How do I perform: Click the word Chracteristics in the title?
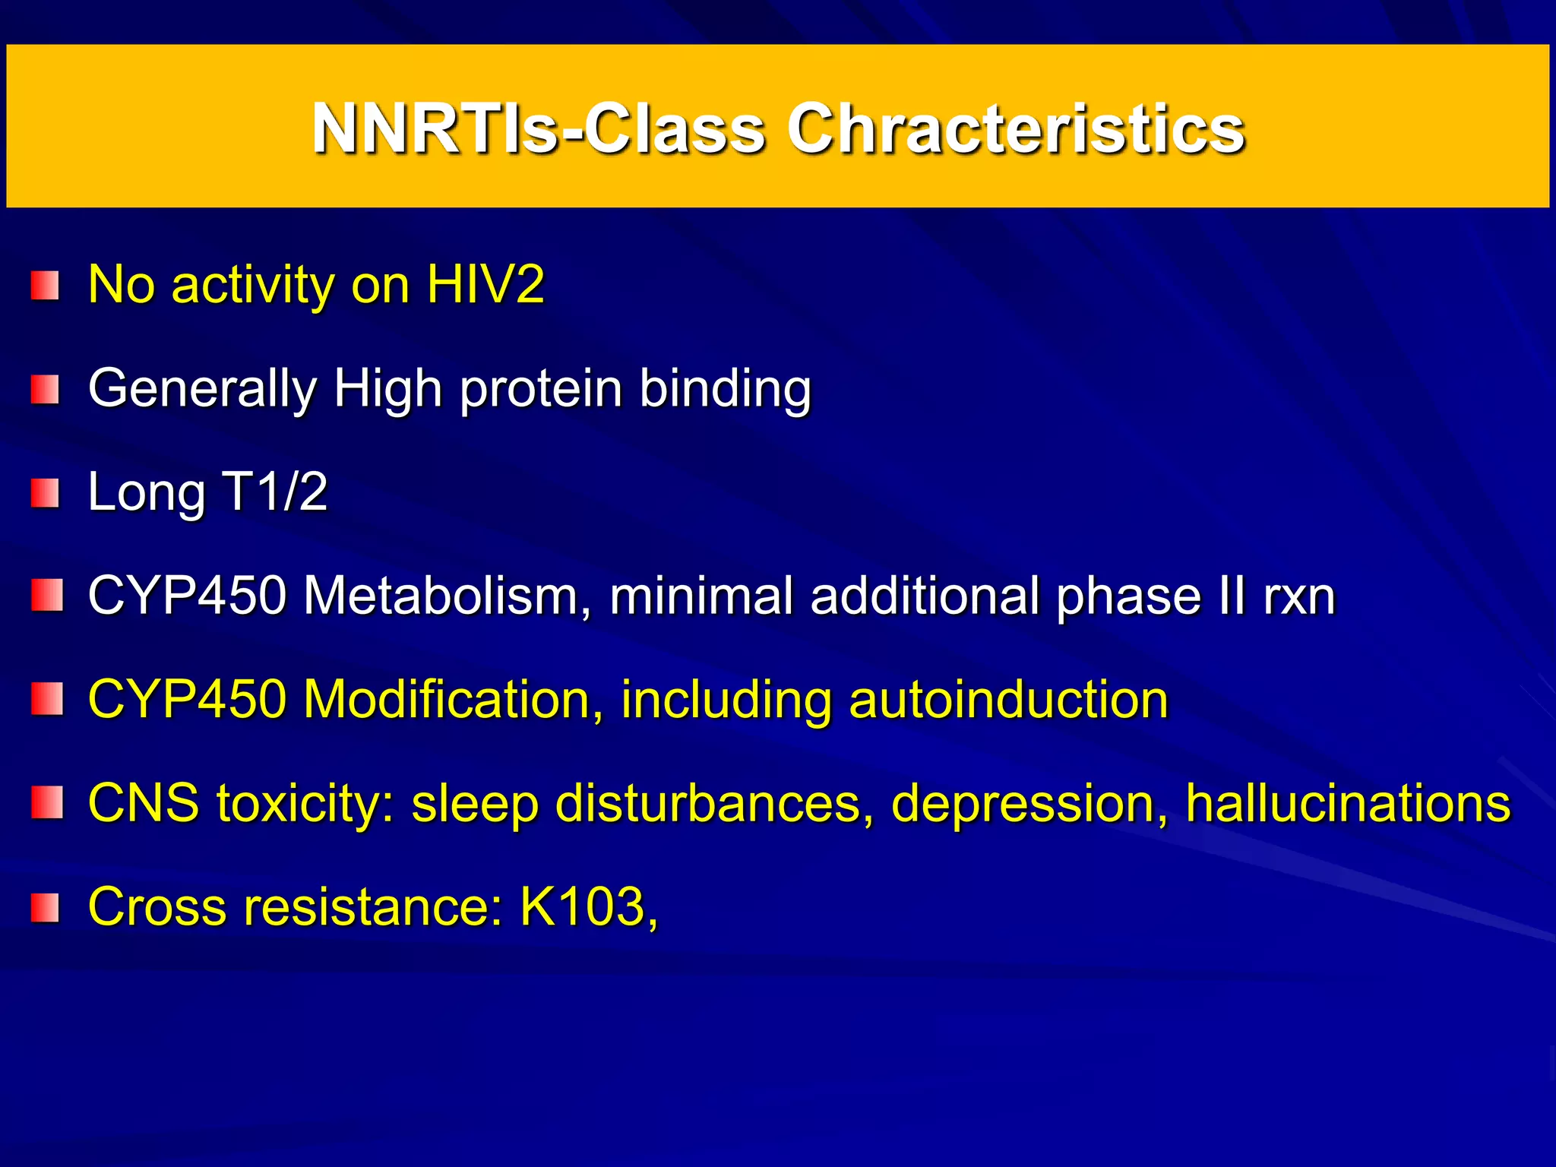click(1015, 129)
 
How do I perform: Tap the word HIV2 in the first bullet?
click(485, 285)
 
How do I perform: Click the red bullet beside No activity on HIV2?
click(46, 286)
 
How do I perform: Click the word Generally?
click(201, 389)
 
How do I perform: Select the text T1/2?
click(274, 492)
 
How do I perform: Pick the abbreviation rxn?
click(1298, 596)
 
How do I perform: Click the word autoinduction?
click(1008, 699)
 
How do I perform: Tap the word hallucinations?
click(1348, 803)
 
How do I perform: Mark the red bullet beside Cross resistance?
click(46, 908)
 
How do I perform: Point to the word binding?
click(725, 389)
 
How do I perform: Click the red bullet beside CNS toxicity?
click(46, 804)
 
